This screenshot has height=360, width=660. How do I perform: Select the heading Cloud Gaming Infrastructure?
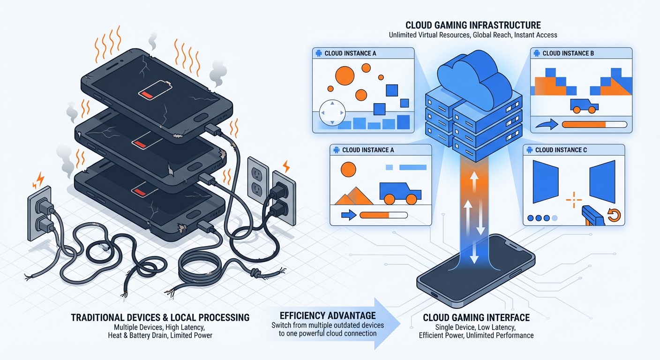pos(473,25)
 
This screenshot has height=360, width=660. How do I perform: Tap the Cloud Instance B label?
pos(568,53)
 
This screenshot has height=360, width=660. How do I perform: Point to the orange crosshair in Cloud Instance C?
pos(573,200)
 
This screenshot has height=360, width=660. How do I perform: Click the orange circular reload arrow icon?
pos(614,215)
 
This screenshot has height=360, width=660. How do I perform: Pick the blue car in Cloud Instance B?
pos(584,105)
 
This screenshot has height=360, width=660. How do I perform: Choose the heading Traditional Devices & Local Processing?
pos(160,317)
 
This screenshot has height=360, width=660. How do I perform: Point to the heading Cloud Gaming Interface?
pos(476,317)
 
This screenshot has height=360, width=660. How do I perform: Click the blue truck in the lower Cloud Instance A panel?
pos(400,192)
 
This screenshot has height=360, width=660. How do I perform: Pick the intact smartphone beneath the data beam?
pos(476,272)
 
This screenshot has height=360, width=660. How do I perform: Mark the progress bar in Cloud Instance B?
pos(594,125)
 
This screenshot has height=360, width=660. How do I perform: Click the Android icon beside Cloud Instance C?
pos(529,150)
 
